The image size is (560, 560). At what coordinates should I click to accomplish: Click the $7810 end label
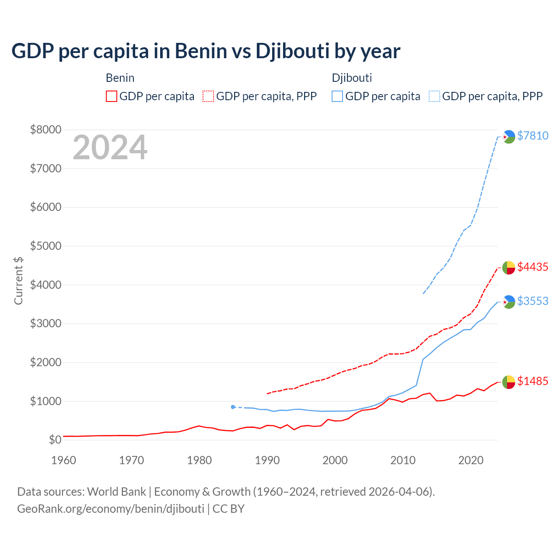coord(532,136)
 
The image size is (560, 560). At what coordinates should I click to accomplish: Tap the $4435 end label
coord(532,267)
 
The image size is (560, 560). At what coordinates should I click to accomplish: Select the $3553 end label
coord(532,301)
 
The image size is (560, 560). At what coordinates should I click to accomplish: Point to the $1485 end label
coord(532,381)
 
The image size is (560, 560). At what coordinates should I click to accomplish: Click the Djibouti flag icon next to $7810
coord(508,136)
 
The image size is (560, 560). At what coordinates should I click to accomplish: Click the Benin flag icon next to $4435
coord(508,267)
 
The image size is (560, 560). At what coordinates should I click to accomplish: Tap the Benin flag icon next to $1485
coord(508,381)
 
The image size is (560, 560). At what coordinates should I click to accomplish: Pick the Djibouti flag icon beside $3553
coord(508,301)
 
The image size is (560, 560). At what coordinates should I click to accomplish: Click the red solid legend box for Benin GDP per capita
coord(112,96)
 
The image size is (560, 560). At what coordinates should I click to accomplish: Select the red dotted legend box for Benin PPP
coord(208,96)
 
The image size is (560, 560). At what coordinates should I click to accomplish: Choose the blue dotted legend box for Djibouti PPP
coord(434,96)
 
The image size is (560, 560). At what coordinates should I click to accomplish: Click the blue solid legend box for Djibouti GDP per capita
coord(337,96)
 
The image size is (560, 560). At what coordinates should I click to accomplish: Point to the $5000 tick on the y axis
coord(45,246)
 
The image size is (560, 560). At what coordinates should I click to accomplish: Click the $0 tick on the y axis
coord(55,440)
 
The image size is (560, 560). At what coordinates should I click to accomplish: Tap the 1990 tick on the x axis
coord(267,460)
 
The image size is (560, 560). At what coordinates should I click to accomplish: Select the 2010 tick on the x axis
coord(403,460)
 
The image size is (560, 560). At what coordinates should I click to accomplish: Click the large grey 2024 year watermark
coord(110,147)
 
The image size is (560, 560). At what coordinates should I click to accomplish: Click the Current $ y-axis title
coord(18,280)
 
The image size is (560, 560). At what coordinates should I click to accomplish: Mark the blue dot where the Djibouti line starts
coord(233,407)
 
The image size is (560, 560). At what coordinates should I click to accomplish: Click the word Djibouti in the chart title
coord(292,51)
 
